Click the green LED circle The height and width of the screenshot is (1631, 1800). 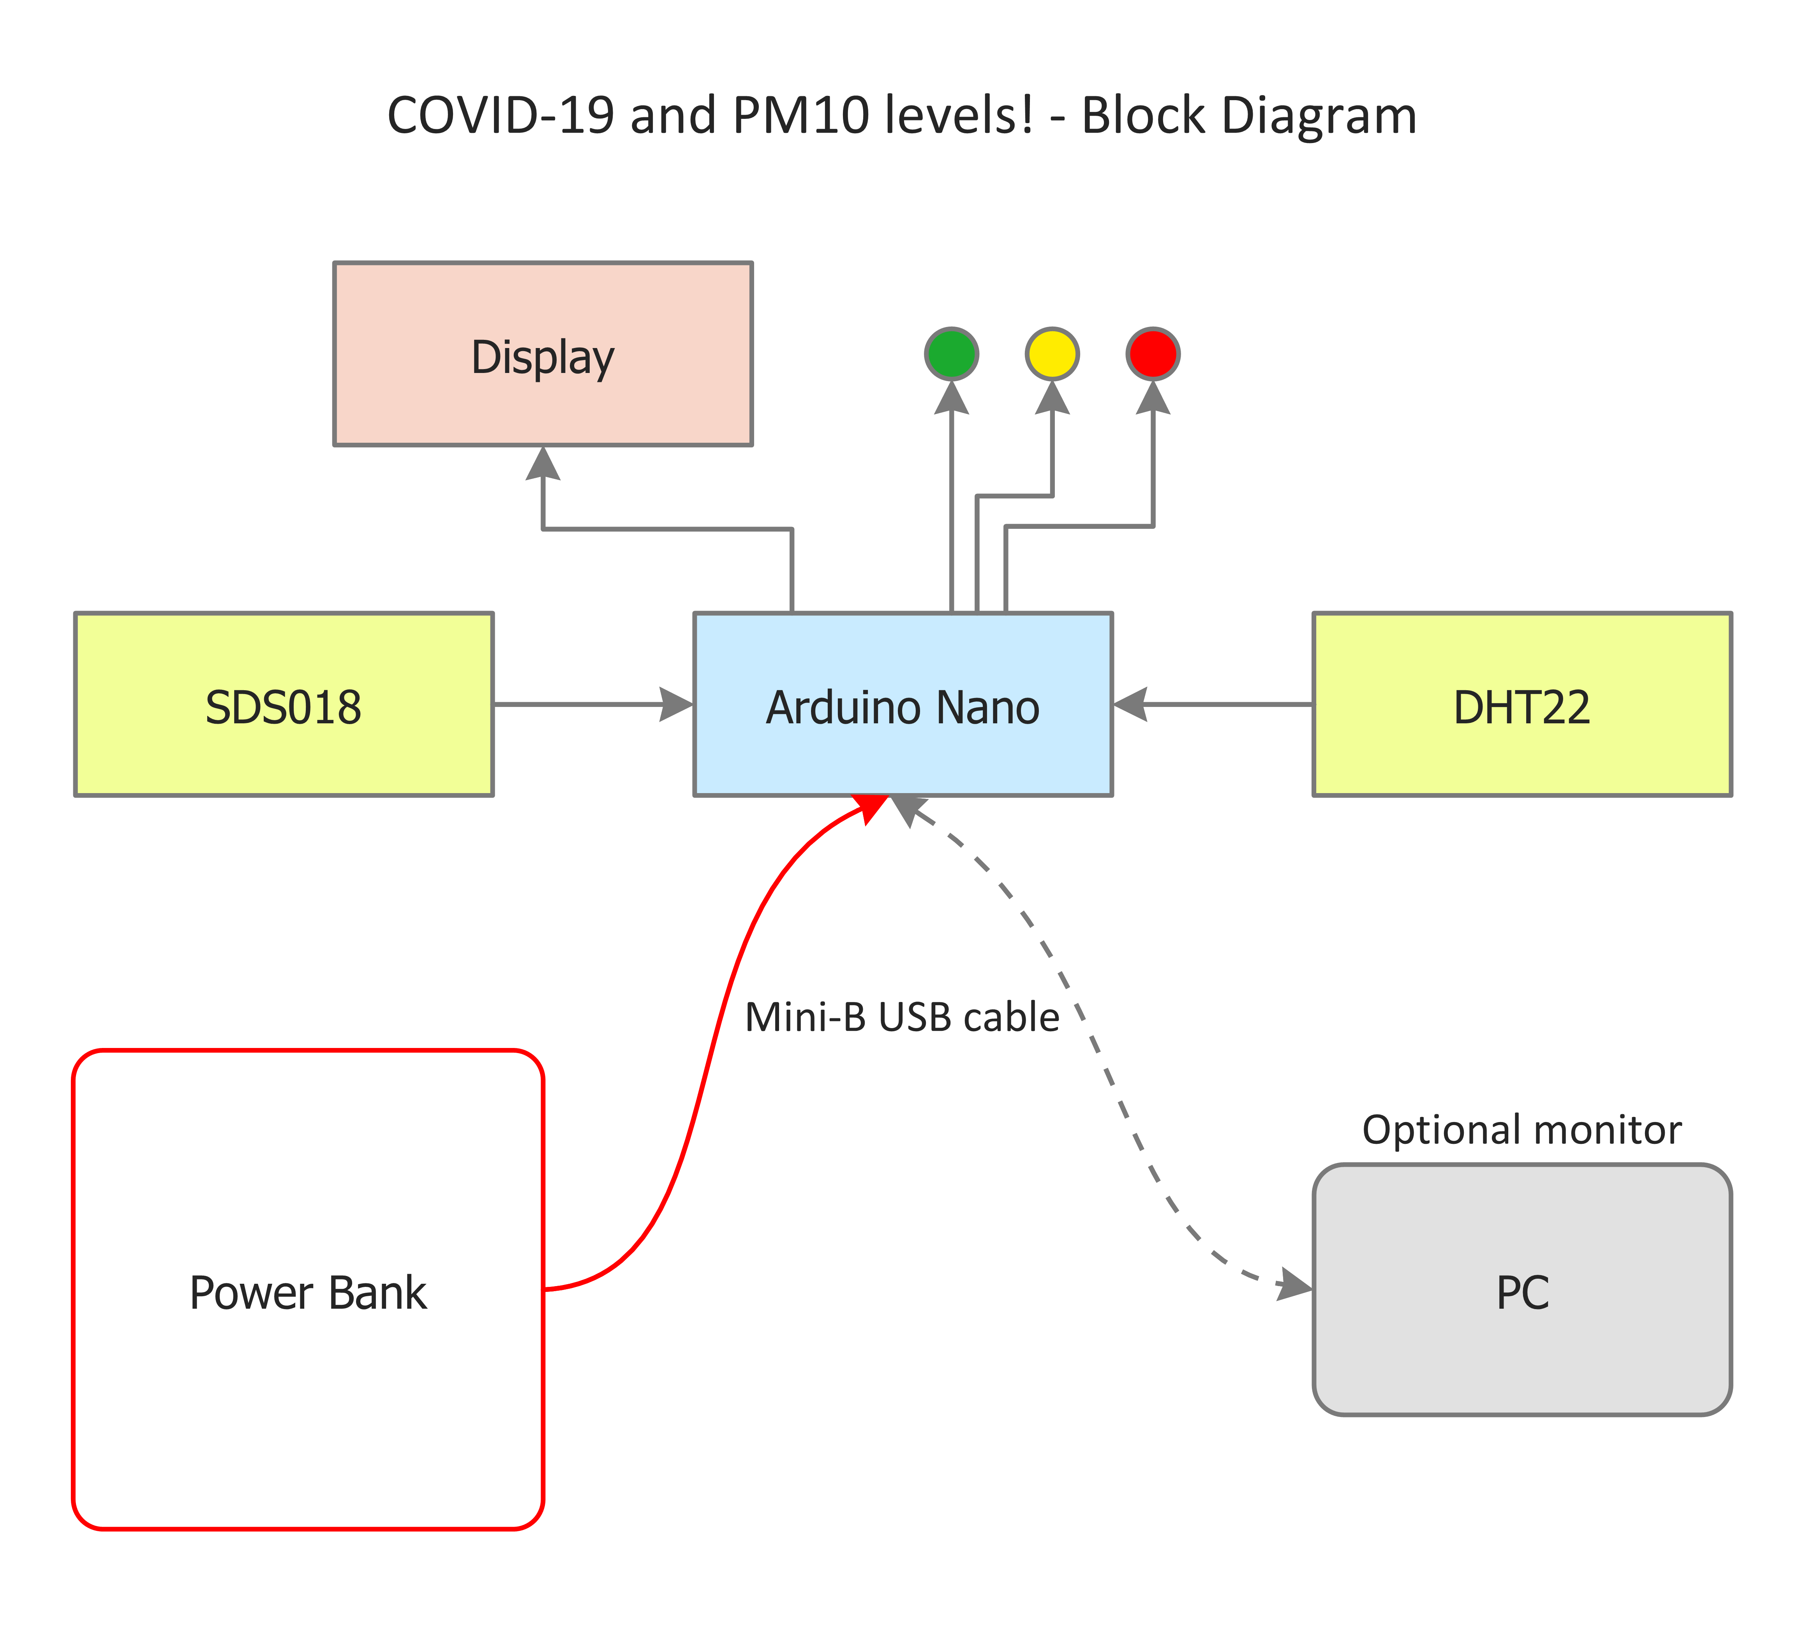tap(952, 354)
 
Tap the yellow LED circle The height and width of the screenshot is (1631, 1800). tap(1052, 354)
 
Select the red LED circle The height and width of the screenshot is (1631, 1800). tap(1153, 354)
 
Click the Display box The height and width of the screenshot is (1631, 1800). tap(543, 354)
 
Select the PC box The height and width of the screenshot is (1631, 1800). tap(1522, 1291)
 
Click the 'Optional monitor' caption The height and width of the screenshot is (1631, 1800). tap(1521, 1130)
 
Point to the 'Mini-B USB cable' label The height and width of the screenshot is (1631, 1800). tap(902, 1017)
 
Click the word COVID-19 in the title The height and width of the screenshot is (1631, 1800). tap(500, 116)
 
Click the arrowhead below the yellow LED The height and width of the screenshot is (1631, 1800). tap(1052, 398)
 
